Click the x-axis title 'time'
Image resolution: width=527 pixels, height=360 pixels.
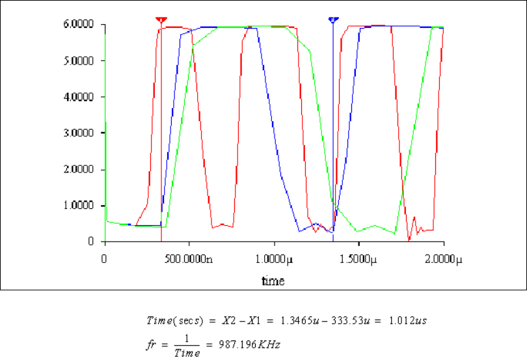(x=273, y=281)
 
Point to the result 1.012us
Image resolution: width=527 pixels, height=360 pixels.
(x=409, y=321)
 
